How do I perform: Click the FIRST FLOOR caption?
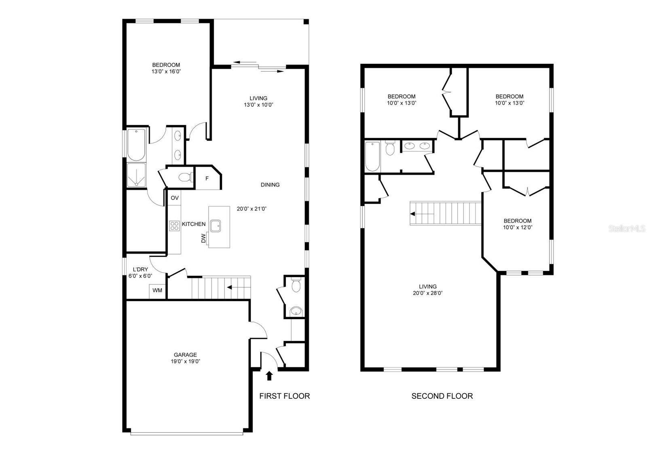(x=284, y=396)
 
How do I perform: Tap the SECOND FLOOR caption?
(x=442, y=396)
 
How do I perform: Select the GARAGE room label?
(x=185, y=355)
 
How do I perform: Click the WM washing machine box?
(x=157, y=291)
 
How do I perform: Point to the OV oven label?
(x=175, y=198)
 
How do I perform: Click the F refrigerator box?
(x=207, y=178)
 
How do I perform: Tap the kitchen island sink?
(x=215, y=226)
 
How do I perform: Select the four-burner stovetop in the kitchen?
(x=174, y=226)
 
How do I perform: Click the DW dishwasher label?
(x=203, y=238)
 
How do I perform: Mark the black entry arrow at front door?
(x=269, y=376)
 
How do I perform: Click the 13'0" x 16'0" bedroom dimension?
(x=166, y=72)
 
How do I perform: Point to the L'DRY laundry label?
(x=140, y=270)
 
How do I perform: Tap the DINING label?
(x=270, y=185)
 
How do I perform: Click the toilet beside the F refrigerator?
(x=186, y=177)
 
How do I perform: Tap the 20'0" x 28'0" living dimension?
(x=427, y=293)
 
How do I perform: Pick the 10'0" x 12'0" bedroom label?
(x=517, y=227)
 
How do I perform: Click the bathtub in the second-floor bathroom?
(x=372, y=156)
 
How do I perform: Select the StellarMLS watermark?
(x=626, y=229)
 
